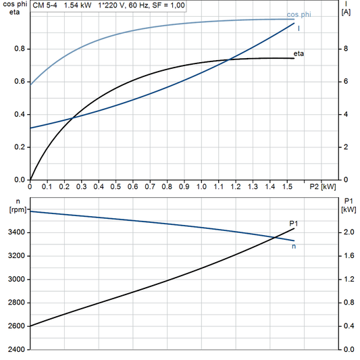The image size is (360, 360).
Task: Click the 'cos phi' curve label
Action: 299,14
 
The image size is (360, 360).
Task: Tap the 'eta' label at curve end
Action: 299,53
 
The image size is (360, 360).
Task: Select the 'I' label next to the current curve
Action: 299,28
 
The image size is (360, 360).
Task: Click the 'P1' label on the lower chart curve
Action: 293,223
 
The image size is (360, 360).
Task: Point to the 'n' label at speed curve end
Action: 294,246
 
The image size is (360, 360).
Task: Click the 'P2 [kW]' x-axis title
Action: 322,186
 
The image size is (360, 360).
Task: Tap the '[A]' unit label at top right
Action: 346,12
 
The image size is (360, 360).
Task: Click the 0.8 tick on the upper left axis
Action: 20,49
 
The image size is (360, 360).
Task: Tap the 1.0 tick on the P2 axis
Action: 201,186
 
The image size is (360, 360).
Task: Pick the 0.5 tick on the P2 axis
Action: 115,186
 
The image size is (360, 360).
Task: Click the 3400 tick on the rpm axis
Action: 16,232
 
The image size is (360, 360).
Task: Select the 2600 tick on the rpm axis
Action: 16,326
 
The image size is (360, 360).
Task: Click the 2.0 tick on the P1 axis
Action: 346,232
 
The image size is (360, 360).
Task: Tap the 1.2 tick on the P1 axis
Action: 346,279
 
